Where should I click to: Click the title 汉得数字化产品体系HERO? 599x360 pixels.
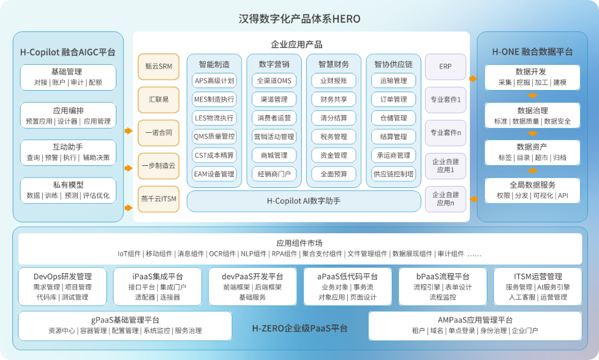pos(299,19)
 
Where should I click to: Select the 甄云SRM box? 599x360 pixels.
pos(159,66)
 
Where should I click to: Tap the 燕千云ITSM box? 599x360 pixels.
pos(159,199)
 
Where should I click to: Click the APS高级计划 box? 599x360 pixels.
pos(214,81)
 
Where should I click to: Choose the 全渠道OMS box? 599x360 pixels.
pos(274,81)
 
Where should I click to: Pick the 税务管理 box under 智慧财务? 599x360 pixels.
pos(334,137)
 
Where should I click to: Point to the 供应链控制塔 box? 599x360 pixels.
pos(393,174)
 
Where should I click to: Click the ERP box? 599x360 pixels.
pos(445,66)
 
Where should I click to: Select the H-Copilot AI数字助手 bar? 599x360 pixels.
pos(304,201)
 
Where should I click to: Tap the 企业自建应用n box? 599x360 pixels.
pos(445,199)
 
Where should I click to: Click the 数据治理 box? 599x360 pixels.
pos(532,115)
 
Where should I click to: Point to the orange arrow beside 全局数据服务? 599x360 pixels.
pos(473,199)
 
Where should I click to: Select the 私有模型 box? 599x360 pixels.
pos(68,190)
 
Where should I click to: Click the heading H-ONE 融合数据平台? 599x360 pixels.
pos(532,51)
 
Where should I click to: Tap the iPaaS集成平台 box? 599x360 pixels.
pos(157,287)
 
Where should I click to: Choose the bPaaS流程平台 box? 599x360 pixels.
pos(443,287)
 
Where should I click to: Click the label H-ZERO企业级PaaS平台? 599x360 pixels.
pos(300,328)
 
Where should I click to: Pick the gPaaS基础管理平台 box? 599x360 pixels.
pos(125,326)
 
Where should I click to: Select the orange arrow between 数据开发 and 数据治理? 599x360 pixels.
pos(532,96)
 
